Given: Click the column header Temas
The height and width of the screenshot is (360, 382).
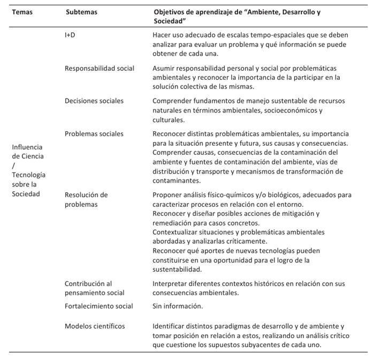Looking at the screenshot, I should pos(22,11).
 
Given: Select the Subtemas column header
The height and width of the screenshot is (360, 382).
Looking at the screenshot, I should pos(81,11).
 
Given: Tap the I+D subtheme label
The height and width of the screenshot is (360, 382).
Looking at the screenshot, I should pos(70,34).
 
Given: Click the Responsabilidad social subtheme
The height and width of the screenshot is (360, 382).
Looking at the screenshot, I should pos(100,68).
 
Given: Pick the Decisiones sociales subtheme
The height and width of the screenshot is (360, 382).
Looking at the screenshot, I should pos(94,101).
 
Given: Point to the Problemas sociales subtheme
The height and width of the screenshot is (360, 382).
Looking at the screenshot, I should pos(94,133).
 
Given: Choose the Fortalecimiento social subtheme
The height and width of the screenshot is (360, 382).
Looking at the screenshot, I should pos(99,306).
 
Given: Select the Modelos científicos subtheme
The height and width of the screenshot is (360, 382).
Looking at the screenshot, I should pos(95,326).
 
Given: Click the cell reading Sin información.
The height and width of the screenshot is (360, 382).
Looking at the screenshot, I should pos(178,306).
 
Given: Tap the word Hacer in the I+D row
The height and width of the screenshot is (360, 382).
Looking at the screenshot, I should pos(163,34).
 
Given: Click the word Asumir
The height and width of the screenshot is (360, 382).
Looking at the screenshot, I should pos(164,68).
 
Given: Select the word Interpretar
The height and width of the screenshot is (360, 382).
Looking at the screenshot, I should pos(171,283).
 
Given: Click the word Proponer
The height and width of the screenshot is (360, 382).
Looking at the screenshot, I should pos(168,194).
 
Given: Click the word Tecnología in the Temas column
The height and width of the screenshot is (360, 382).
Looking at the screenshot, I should pos(29,175).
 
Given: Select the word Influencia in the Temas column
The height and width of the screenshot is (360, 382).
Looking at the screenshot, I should pos(27,147).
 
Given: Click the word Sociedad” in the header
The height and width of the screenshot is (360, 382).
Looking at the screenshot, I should pos(170,21).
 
